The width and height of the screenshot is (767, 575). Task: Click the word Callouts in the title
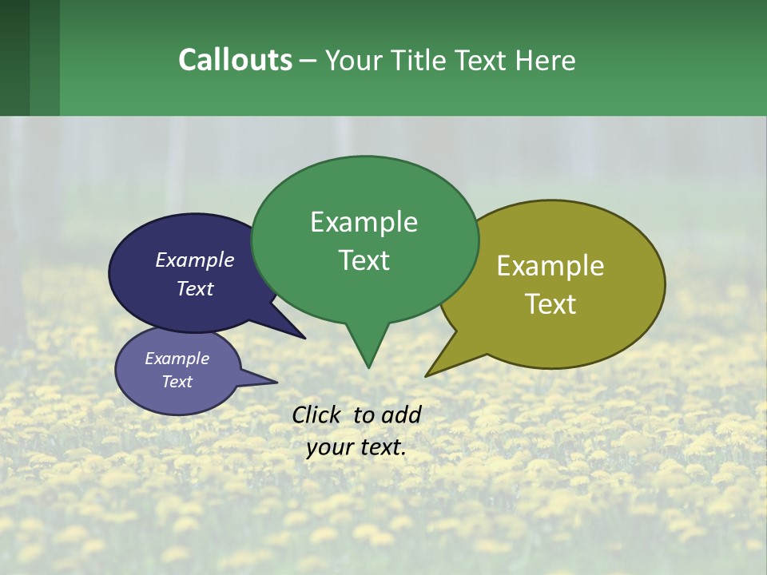[235, 60]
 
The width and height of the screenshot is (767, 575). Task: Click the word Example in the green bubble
[364, 222]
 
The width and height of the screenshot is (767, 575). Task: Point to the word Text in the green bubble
[364, 260]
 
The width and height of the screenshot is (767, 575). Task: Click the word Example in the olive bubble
[550, 266]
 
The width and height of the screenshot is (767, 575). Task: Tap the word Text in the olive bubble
[550, 304]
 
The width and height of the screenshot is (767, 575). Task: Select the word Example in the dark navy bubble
[194, 260]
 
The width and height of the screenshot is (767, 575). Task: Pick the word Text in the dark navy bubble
[194, 288]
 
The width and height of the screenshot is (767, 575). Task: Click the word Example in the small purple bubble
[177, 359]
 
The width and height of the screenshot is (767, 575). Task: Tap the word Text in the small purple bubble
[177, 382]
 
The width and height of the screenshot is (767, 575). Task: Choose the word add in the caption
[401, 414]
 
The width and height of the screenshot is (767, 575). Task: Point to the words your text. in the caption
[356, 447]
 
